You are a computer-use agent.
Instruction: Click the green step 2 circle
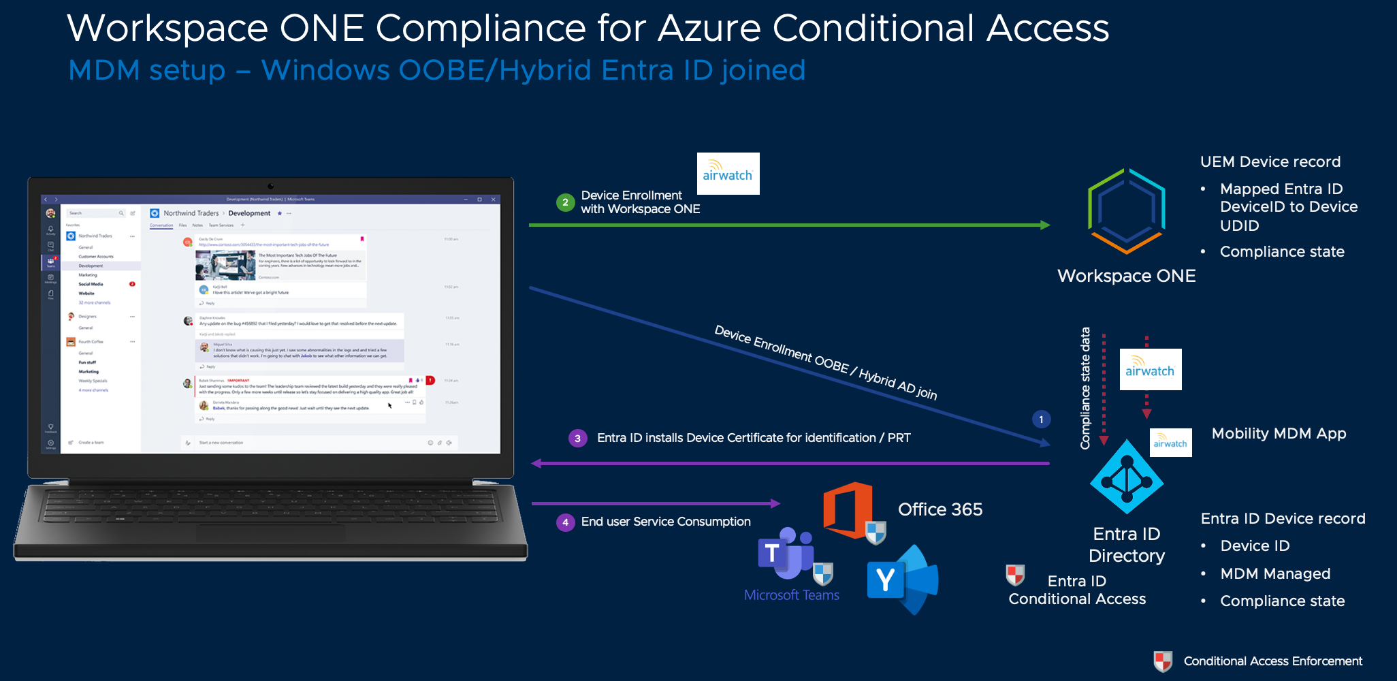(x=565, y=202)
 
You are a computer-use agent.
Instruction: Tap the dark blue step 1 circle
(x=1041, y=419)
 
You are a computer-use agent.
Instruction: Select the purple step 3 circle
(x=577, y=438)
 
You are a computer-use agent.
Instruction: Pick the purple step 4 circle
(x=565, y=522)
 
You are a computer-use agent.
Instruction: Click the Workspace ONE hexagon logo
(x=1127, y=211)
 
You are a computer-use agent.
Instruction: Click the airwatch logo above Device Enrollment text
(x=728, y=174)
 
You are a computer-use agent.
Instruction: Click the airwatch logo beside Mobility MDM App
(x=1170, y=443)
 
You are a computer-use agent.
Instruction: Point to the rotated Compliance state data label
(x=1085, y=388)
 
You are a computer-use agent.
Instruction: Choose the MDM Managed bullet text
(x=1275, y=574)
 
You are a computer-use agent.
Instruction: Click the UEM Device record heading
(x=1270, y=162)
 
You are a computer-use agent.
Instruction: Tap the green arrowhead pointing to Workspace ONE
(x=1045, y=225)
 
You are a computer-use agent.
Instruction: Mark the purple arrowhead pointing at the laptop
(x=536, y=464)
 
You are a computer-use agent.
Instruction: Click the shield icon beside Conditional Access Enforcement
(x=1163, y=661)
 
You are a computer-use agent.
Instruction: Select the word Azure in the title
(x=709, y=29)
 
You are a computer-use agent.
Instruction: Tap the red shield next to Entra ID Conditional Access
(x=1015, y=575)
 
